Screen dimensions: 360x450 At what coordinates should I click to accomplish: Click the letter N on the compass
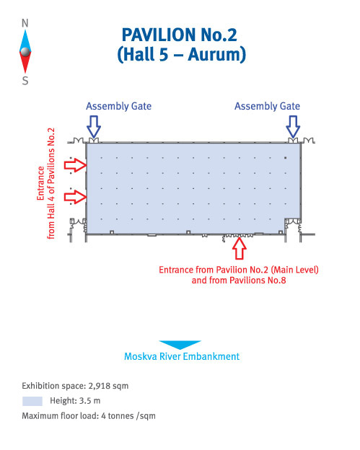(25, 23)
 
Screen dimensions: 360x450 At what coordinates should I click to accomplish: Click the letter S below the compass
(25, 81)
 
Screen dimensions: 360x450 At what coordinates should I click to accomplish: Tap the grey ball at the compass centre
(25, 52)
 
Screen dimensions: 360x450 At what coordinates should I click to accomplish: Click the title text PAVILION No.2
(180, 35)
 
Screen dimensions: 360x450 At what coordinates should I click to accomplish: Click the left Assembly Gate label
(118, 106)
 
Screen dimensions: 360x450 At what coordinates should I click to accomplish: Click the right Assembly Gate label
(267, 106)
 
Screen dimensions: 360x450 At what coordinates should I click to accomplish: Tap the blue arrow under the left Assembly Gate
(94, 127)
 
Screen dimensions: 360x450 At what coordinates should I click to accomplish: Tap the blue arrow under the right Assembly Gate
(293, 127)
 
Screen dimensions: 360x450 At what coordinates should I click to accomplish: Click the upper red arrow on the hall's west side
(75, 165)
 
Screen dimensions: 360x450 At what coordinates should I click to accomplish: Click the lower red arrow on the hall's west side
(75, 197)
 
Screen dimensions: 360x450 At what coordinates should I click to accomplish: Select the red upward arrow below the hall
(239, 248)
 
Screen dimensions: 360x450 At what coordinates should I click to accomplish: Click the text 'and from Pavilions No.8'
(239, 280)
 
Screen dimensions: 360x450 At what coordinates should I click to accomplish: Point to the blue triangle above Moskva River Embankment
(180, 345)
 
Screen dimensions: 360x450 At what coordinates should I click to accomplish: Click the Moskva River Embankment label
(182, 356)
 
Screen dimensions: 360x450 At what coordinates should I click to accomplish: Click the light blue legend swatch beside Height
(32, 401)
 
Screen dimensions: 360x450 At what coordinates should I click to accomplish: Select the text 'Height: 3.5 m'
(75, 401)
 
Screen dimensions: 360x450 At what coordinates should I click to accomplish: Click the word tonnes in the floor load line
(122, 416)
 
